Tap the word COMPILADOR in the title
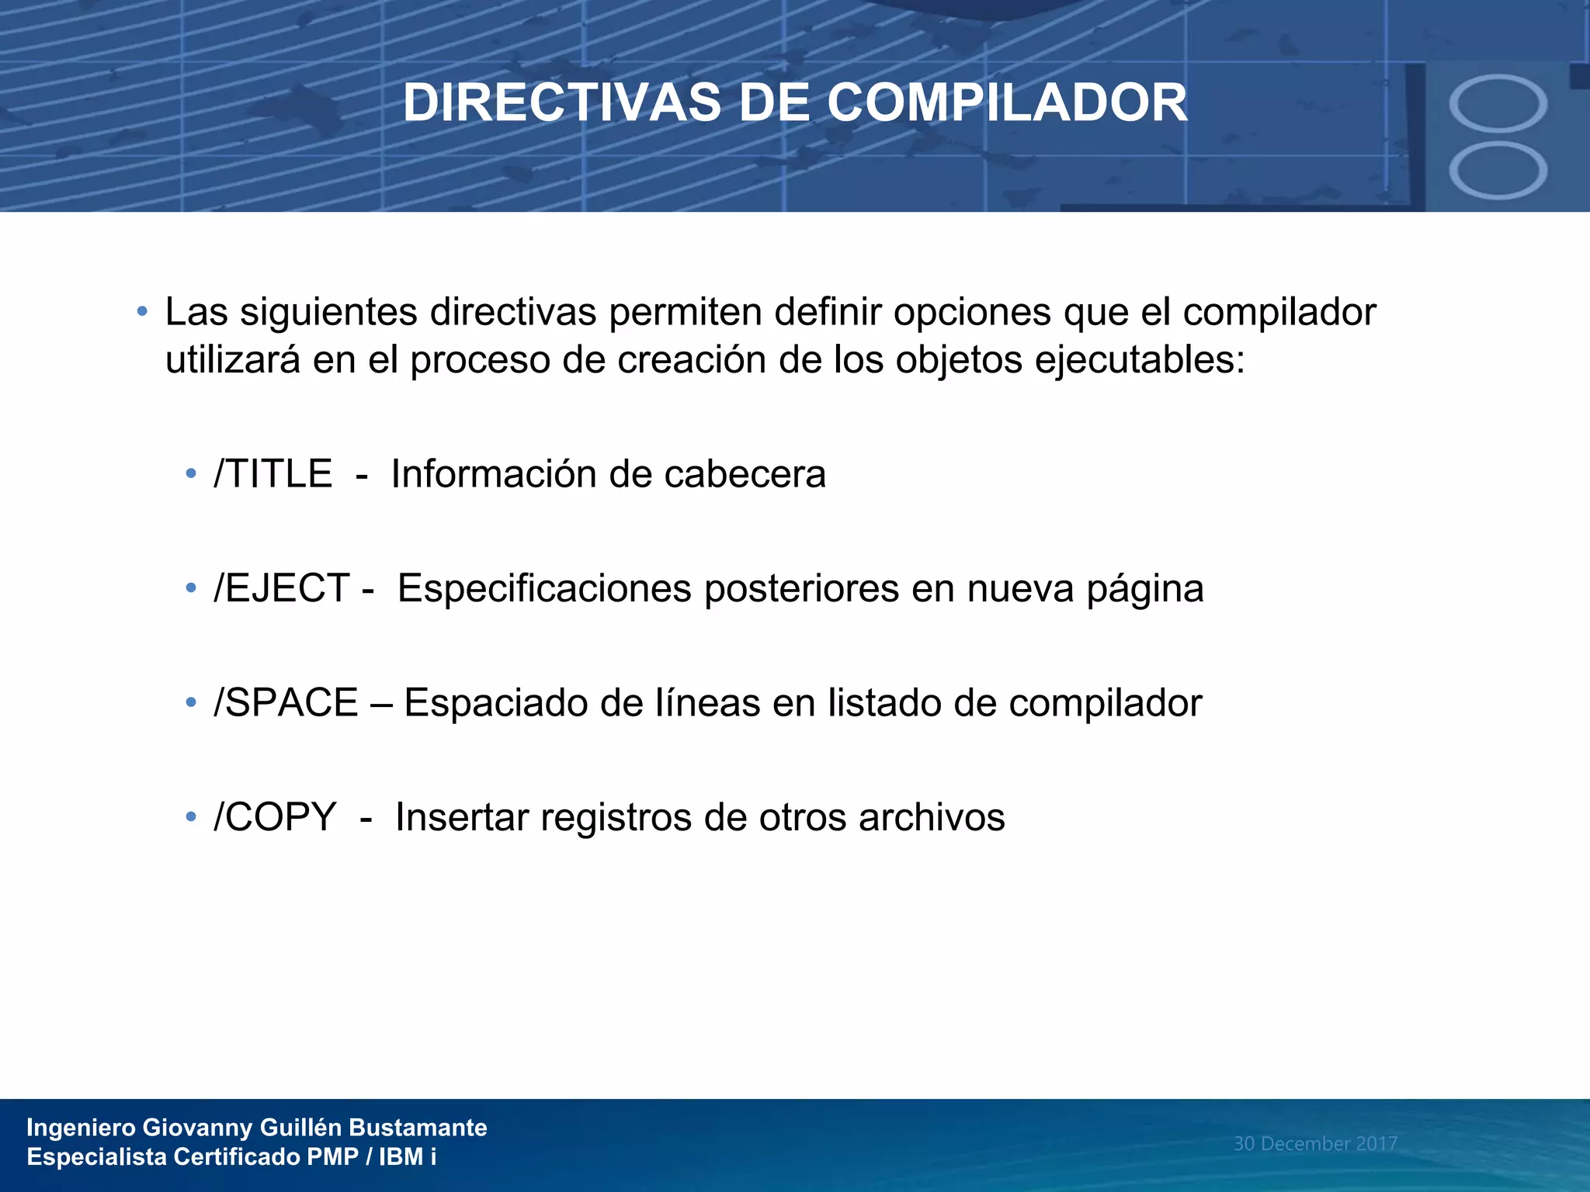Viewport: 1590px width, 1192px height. point(1007,103)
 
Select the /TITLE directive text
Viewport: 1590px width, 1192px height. point(273,474)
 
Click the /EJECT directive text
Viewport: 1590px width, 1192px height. point(281,588)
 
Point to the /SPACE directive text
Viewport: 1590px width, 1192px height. point(286,703)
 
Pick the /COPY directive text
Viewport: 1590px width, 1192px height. point(275,817)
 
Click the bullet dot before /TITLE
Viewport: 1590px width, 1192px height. point(191,474)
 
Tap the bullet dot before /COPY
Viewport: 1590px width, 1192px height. point(191,817)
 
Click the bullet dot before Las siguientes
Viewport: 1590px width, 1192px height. point(141,312)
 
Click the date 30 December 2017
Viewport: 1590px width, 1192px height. point(1315,1143)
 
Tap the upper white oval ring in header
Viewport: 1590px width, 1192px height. point(1498,103)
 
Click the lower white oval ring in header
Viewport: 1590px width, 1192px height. point(1498,171)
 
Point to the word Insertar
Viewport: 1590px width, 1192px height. point(462,817)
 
